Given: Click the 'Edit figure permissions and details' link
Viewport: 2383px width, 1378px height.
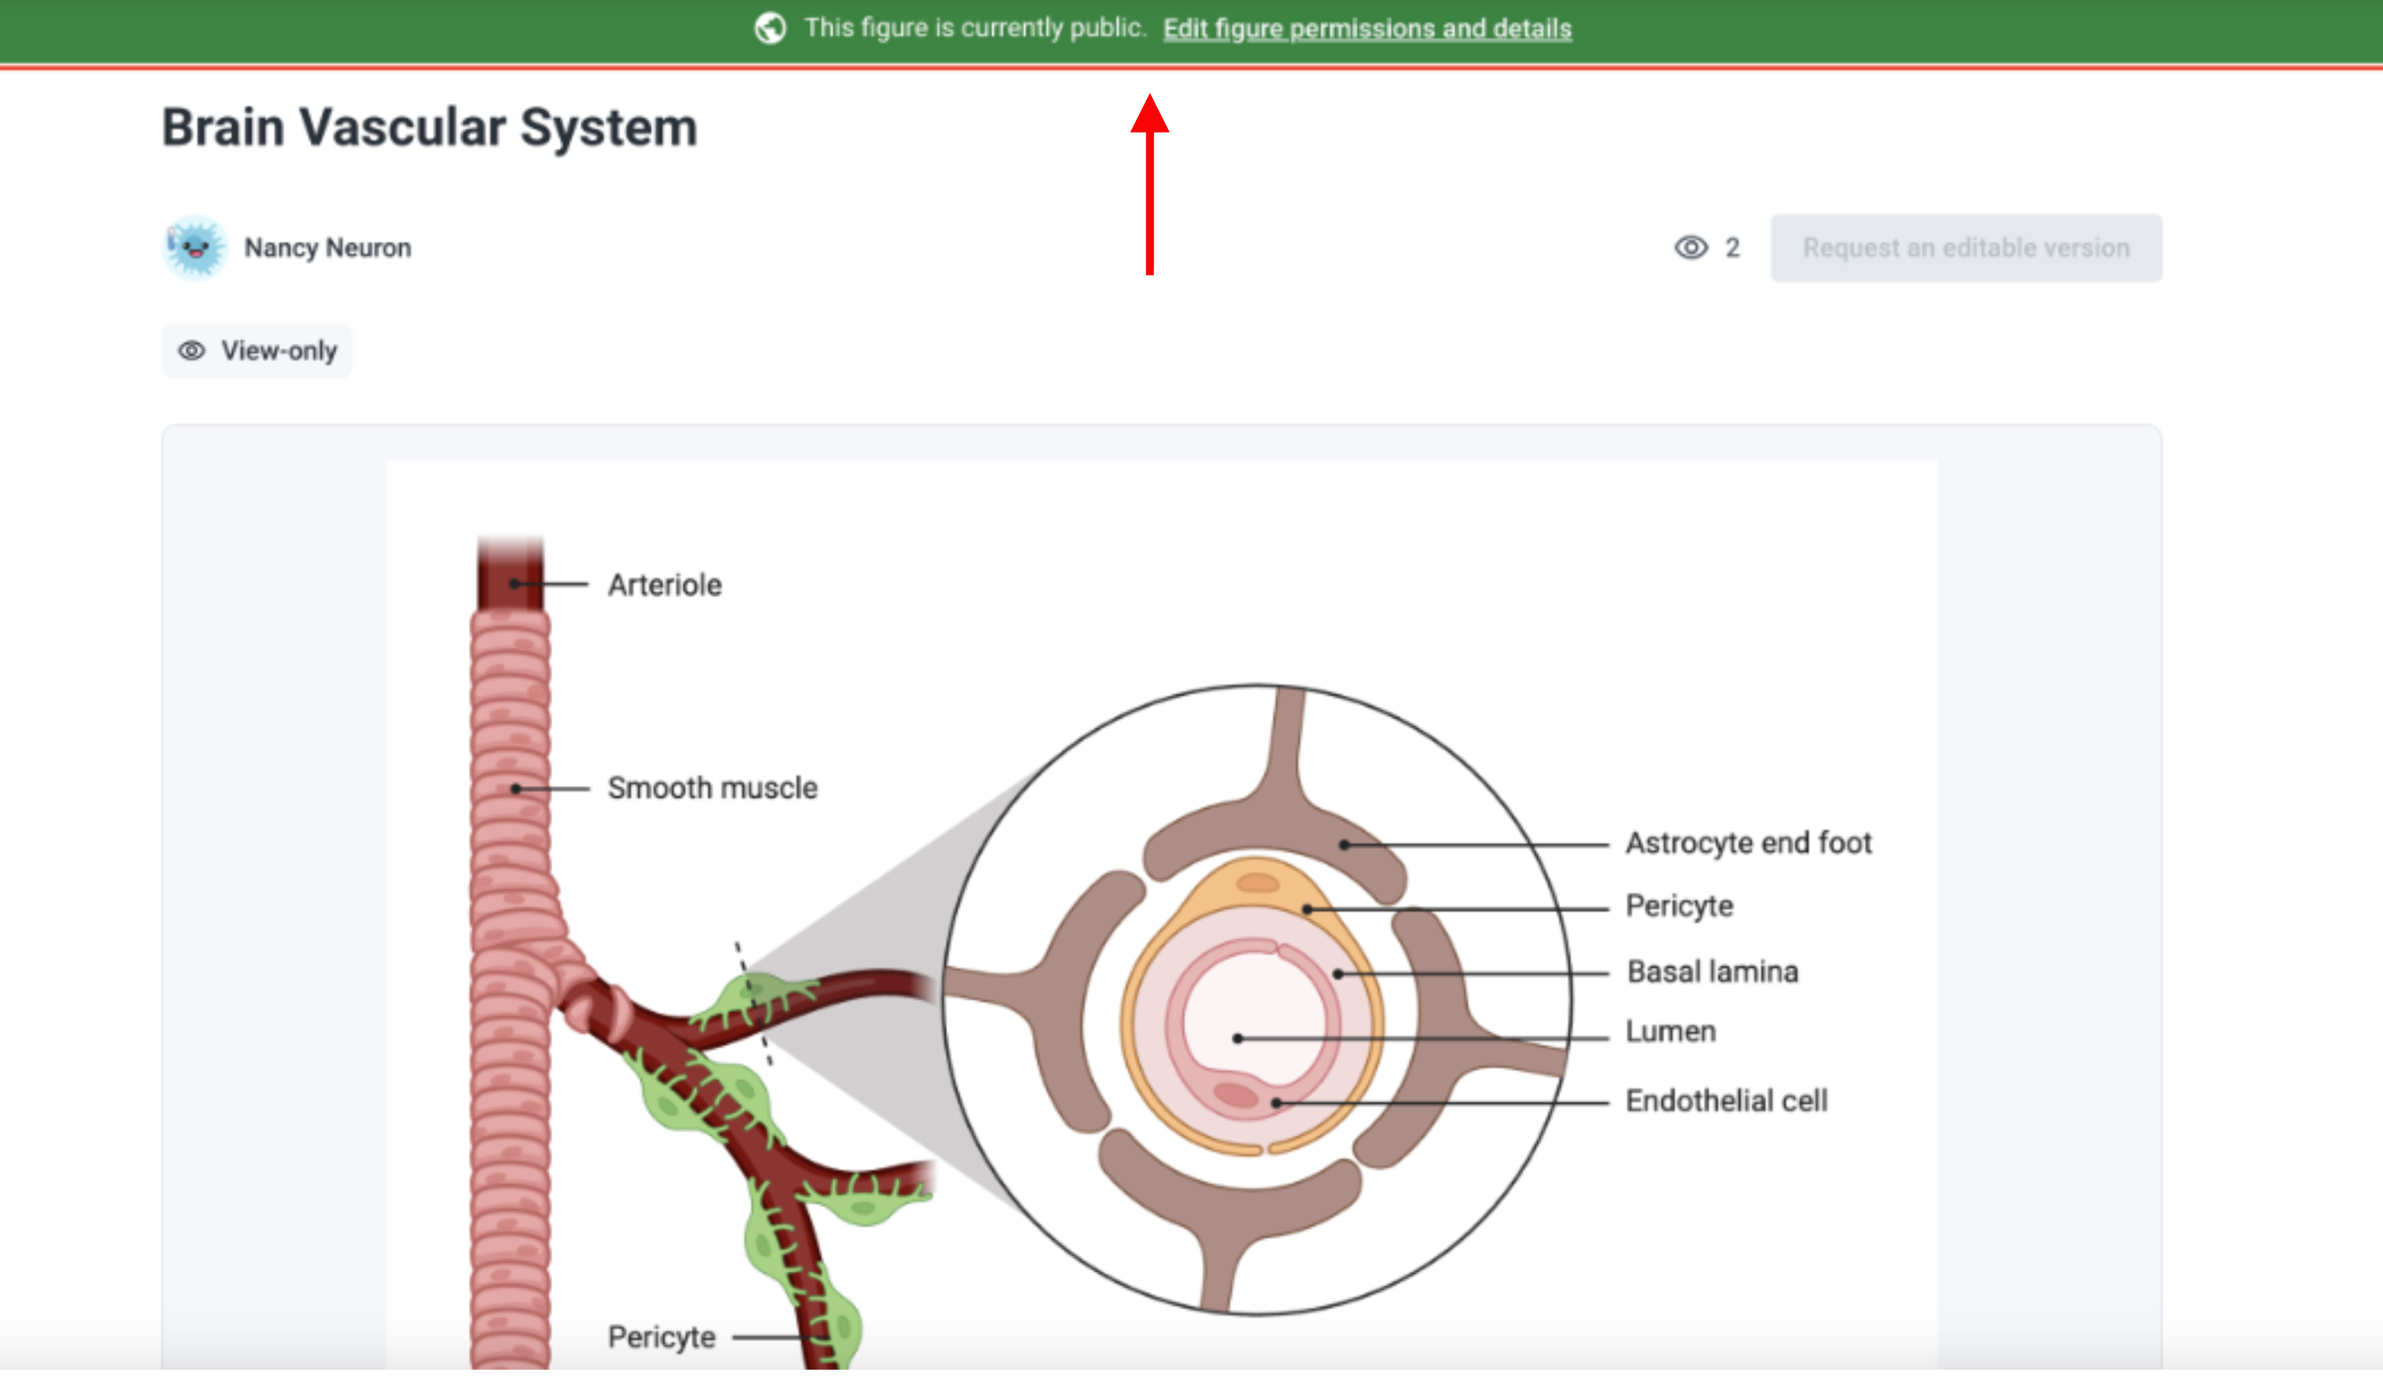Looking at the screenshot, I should pos(1366,29).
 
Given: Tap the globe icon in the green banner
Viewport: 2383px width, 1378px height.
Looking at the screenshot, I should pos(770,29).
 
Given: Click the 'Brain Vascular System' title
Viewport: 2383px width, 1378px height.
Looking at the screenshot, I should pos(430,128).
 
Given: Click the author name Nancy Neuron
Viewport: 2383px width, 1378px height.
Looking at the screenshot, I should pos(327,248).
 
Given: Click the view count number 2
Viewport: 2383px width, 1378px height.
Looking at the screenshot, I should pos(1732,248).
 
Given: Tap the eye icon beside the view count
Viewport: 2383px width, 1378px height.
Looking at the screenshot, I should pos(1691,248).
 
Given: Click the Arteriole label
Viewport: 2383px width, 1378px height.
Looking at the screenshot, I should pos(664,585).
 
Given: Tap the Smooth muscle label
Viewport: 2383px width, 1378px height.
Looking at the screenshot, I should pos(712,787).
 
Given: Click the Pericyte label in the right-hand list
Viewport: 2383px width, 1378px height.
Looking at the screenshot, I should pos(1678,906).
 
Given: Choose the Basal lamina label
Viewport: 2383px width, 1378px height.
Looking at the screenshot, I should pos(1711,971).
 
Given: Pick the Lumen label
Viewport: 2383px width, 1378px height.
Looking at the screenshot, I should pos(1670,1031).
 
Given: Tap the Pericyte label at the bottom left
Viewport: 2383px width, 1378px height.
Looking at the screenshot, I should pos(661,1337).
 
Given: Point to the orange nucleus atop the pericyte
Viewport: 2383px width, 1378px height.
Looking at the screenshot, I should pos(1258,883).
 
